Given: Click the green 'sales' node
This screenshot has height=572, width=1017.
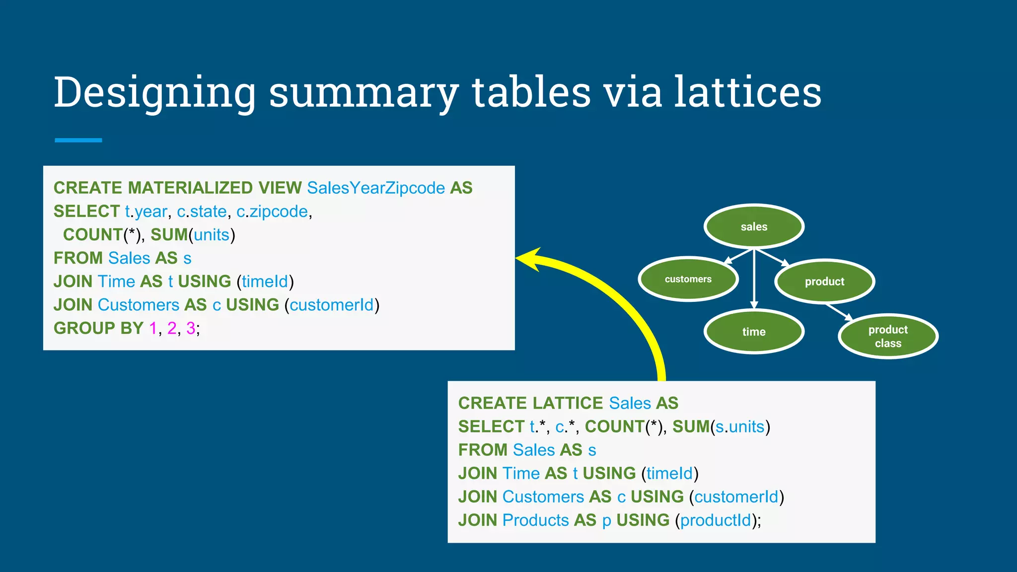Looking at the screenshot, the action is pos(754,227).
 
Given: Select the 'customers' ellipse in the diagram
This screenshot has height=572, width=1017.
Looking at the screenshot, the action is pos(688,279).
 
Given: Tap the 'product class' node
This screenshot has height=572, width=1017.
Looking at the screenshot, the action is pos(888,336).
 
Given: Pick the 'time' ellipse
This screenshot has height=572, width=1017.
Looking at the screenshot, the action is pos(754,332).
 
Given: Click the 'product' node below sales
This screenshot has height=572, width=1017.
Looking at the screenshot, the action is pos(824,282).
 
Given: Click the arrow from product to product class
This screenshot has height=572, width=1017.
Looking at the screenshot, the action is pos(839,312).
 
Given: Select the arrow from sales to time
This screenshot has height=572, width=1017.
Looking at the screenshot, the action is pos(754,278).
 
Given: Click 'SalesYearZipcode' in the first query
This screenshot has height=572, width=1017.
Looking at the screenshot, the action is pos(376,188).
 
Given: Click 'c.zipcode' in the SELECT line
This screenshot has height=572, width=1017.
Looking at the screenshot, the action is pos(272,212).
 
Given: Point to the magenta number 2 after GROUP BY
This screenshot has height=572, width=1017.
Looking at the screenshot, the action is pos(172,328).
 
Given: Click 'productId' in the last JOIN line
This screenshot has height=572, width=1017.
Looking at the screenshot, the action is pos(716,520).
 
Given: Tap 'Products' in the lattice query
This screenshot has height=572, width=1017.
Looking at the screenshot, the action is pos(535,520).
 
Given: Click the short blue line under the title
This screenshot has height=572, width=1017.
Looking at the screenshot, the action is pos(78,141).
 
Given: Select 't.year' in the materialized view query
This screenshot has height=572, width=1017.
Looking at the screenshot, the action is pos(145,212).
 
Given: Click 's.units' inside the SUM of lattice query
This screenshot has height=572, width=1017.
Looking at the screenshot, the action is pos(740,427).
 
